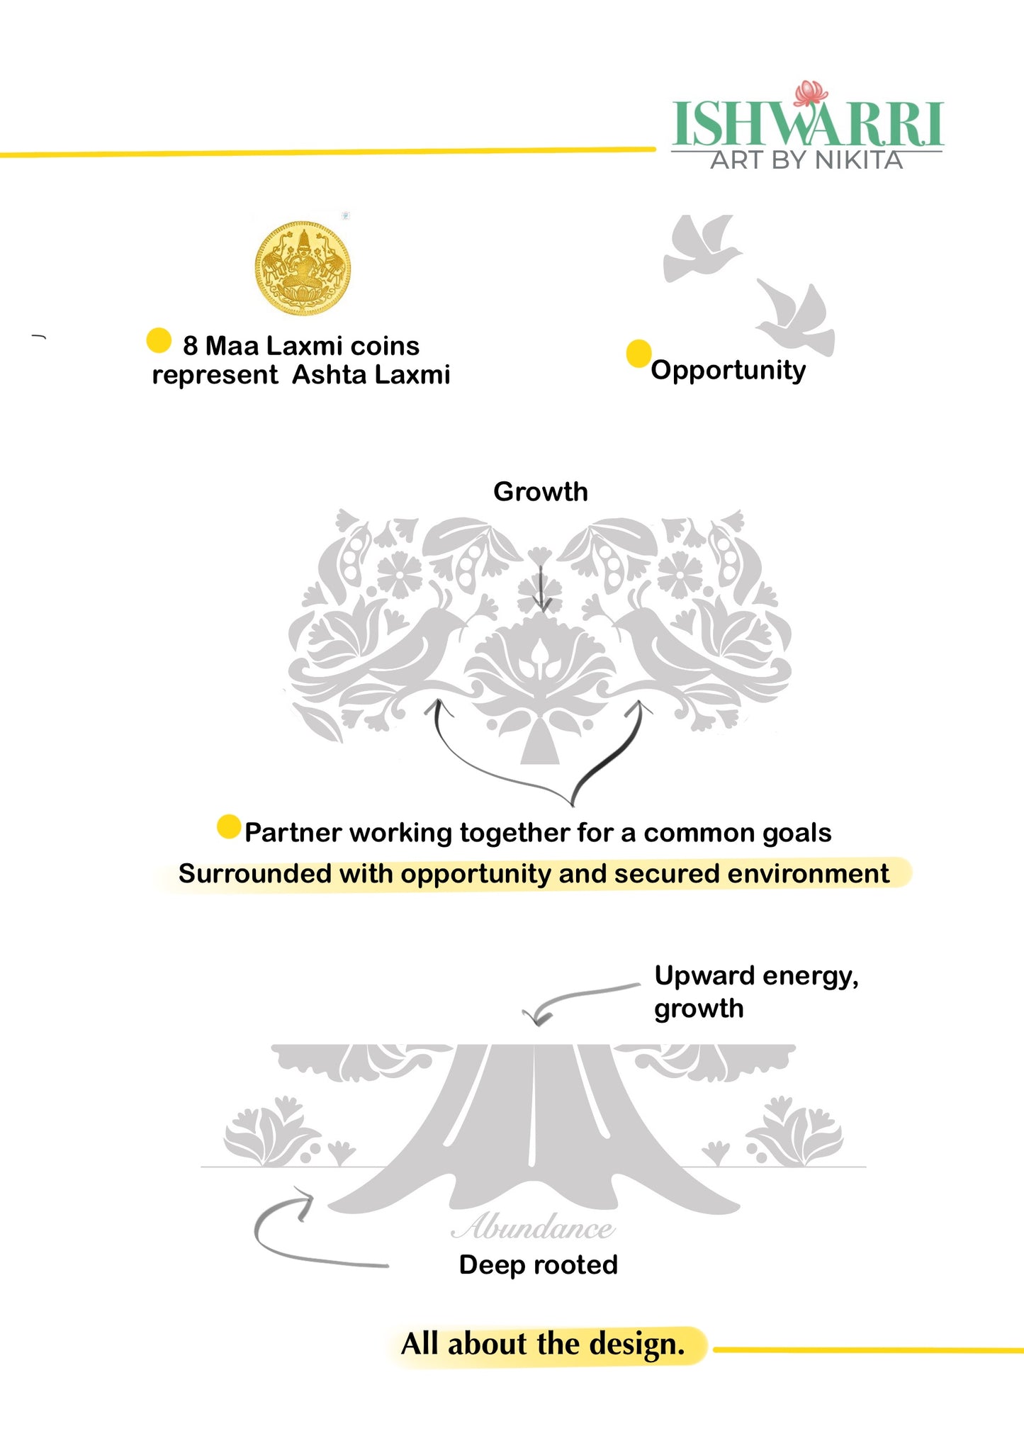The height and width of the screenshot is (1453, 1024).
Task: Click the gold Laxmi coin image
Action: tap(303, 268)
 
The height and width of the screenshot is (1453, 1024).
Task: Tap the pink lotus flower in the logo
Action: tap(811, 93)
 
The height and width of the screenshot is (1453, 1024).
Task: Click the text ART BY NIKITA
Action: tap(806, 160)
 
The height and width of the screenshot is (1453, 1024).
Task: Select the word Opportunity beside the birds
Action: tap(728, 370)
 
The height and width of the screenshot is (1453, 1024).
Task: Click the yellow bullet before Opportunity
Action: tap(638, 353)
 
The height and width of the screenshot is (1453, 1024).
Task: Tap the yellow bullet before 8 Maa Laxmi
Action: tap(159, 340)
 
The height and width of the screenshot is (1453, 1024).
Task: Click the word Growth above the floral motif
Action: tap(540, 491)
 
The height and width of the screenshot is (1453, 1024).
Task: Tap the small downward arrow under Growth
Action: tap(542, 588)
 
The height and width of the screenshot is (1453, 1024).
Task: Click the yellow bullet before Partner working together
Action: tap(229, 826)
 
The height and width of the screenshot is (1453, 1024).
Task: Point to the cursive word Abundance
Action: tap(533, 1227)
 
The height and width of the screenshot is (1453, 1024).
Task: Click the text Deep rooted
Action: tap(538, 1265)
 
